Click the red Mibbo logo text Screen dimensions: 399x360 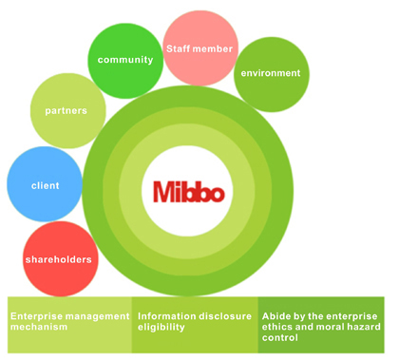pyautogui.click(x=189, y=192)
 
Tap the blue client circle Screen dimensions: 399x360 pyautogui.click(x=45, y=184)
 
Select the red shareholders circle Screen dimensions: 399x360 pyautogui.click(x=61, y=258)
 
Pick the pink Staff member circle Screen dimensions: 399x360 pyautogui.click(x=200, y=47)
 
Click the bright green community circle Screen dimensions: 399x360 pyautogui.click(x=125, y=61)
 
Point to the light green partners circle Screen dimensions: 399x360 pyautogui.click(x=68, y=111)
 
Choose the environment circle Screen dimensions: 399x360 pyautogui.click(x=272, y=74)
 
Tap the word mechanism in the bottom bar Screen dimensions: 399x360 pyautogui.click(x=39, y=327)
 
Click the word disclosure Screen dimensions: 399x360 pyautogui.click(x=220, y=316)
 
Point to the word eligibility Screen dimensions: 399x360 pyautogui.click(x=161, y=328)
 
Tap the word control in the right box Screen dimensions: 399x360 pyautogui.click(x=280, y=337)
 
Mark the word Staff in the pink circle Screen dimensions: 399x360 pyautogui.click(x=178, y=48)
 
